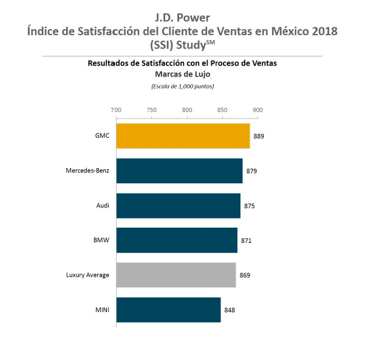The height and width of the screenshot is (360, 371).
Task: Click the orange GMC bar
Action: coord(183,136)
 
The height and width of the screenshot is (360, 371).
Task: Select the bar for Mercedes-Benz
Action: coord(179,171)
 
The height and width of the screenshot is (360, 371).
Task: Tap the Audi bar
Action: coord(178,206)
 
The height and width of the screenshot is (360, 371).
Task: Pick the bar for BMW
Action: coord(177,240)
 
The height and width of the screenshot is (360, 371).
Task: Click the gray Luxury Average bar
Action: coord(176,275)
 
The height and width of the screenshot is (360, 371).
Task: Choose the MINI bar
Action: coord(168,310)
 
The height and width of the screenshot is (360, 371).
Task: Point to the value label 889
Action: coord(259,136)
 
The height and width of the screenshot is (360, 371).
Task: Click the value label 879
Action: coord(251,171)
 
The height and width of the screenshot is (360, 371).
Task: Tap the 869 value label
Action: coord(245,275)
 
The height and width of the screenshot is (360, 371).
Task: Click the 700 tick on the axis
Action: coord(116,110)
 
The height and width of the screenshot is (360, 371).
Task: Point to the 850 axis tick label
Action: coord(222,110)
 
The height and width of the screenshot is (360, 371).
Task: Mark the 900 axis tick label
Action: coord(258,110)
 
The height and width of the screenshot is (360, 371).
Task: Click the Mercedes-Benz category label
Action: coord(87,171)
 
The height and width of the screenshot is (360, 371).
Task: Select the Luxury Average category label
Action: coord(87,275)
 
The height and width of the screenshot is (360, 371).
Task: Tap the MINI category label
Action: coord(102,310)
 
